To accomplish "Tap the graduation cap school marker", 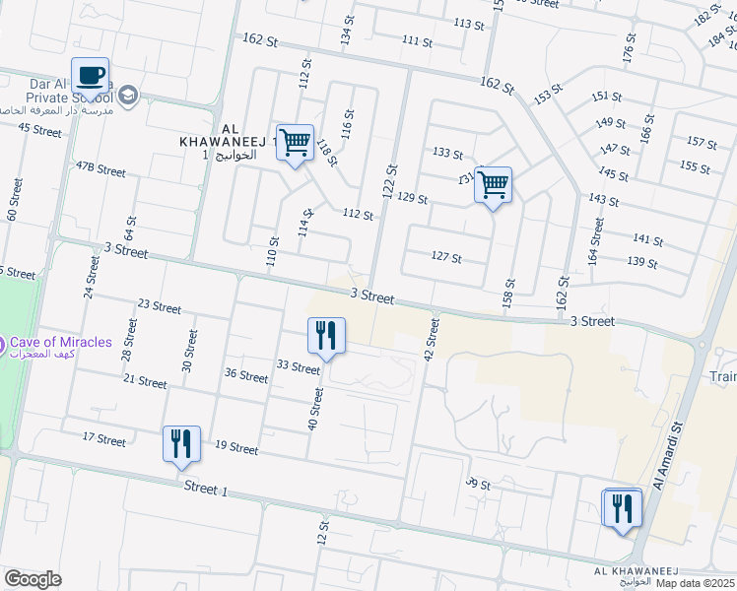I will click(128, 95).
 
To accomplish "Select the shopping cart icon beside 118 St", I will click(295, 143).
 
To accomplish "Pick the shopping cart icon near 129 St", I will click(493, 184).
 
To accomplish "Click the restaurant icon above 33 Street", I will click(326, 336).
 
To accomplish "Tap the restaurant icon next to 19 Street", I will click(181, 444).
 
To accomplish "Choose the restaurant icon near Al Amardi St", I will click(622, 508).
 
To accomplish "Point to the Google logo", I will click(33, 579).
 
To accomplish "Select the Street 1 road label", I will click(206, 489).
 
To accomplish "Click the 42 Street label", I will click(430, 339).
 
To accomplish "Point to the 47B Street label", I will click(100, 169).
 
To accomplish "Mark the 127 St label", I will click(446, 257).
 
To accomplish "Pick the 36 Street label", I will click(246, 376).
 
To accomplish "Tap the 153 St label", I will click(548, 96).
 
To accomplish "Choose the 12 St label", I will click(322, 534).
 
